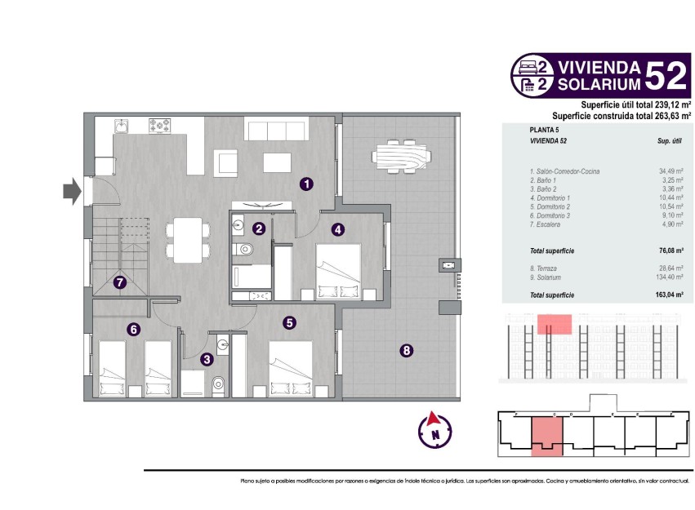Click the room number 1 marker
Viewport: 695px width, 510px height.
click(x=305, y=184)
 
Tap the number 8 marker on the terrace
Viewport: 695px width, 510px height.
click(x=406, y=351)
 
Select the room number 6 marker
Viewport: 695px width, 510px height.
click(x=133, y=330)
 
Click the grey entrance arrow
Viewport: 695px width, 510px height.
click(x=72, y=192)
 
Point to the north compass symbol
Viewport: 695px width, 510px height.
click(x=435, y=431)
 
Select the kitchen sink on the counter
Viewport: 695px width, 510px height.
click(x=122, y=126)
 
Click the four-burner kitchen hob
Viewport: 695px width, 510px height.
click(x=160, y=126)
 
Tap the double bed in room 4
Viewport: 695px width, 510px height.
click(x=338, y=270)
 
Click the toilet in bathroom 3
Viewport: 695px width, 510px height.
click(x=217, y=385)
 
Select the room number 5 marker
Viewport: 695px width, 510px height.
click(x=289, y=323)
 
